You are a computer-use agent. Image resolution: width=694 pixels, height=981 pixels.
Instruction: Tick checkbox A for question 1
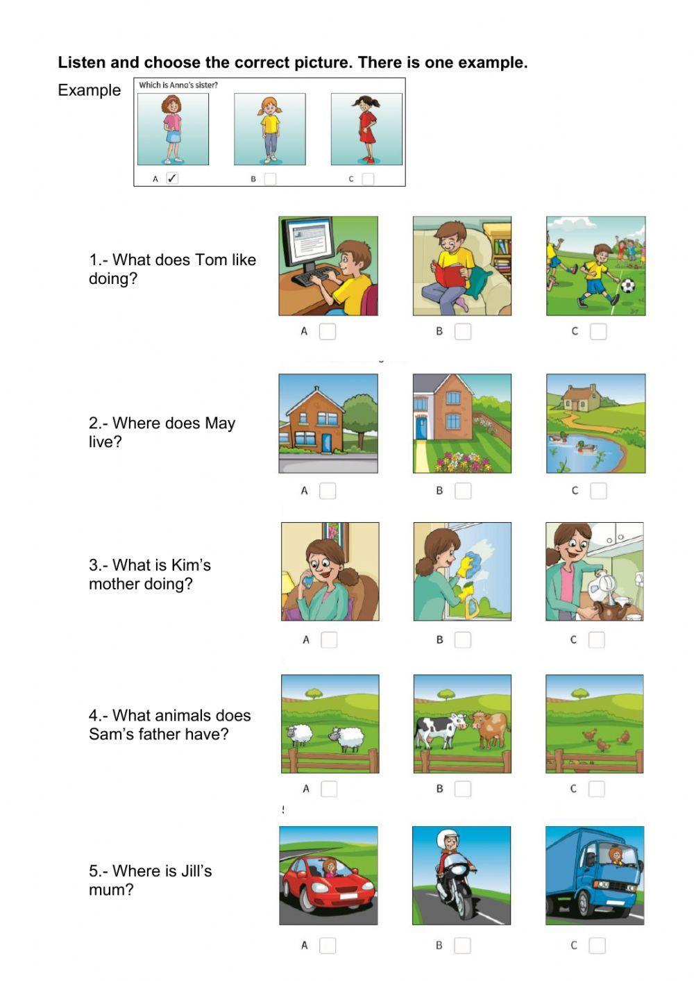328,332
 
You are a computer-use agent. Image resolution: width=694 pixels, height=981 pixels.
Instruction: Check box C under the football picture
598,332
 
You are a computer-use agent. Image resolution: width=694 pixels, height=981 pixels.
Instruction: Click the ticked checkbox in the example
173,178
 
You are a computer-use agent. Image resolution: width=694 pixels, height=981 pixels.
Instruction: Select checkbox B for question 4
462,789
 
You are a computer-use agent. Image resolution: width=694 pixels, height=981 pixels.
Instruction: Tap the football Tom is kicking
627,286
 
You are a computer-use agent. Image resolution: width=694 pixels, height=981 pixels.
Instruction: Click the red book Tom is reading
449,276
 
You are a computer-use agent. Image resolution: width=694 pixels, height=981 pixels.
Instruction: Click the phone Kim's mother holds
307,582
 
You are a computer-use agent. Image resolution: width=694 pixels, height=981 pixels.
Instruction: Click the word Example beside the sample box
90,90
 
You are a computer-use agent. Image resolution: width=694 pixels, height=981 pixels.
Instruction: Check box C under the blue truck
598,946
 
